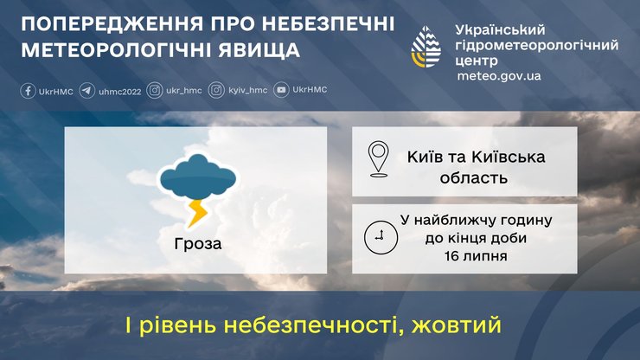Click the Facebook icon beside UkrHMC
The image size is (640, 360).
click(x=27, y=90)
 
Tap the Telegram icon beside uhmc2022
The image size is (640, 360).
click(x=86, y=90)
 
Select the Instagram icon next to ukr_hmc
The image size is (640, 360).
click(x=155, y=90)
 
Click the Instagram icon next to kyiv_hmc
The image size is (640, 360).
click(x=216, y=90)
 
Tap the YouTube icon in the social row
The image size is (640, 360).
click(x=281, y=90)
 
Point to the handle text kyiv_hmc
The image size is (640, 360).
click(x=248, y=90)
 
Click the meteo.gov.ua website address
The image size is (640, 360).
click(x=499, y=76)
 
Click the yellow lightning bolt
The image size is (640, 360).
click(x=198, y=211)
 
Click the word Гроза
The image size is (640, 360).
click(x=196, y=243)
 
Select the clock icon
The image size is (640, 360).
click(x=377, y=237)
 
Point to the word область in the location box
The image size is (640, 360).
click(x=471, y=178)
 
